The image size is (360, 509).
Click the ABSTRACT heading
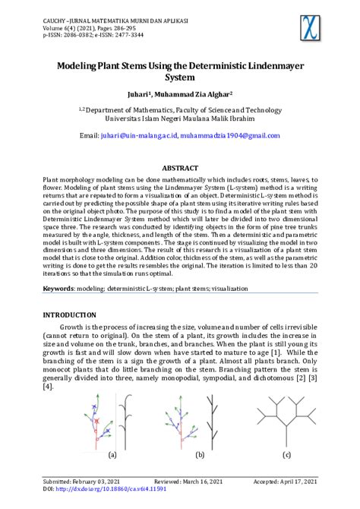click(180, 167)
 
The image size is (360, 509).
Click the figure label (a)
click(112, 455)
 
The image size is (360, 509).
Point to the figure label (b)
click(200, 455)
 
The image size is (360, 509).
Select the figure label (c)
click(286, 455)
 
